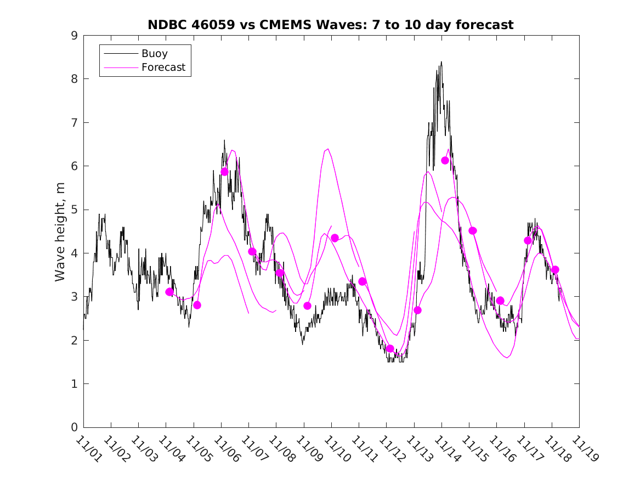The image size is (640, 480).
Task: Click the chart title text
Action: coord(330,25)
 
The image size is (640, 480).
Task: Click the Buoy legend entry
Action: coord(155,54)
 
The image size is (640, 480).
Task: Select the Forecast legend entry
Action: coord(163,67)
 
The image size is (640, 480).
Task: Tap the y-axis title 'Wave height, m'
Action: coord(60,231)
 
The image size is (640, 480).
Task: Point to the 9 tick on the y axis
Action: coord(73,36)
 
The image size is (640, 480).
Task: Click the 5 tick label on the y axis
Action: coord(73,210)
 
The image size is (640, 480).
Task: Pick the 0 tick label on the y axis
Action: coord(73,428)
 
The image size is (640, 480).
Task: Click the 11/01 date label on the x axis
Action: coord(88,449)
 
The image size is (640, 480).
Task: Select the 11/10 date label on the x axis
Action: coord(336,449)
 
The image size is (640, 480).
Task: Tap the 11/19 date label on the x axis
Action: coord(584,449)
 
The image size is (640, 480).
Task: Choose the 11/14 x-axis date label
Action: coord(446,449)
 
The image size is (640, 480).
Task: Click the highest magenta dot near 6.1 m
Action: coord(445,160)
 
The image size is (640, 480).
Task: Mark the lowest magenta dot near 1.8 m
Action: coord(390,348)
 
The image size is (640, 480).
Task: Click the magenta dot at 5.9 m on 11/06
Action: coord(224,172)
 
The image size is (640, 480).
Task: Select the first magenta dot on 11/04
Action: coord(169,292)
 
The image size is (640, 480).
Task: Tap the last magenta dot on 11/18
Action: coord(555,269)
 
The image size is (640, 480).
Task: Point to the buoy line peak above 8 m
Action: coord(441,63)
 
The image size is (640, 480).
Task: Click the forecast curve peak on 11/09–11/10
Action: coord(327,149)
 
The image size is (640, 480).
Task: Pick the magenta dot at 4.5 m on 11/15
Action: coord(473,230)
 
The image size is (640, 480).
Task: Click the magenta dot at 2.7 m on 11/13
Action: coord(417,310)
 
